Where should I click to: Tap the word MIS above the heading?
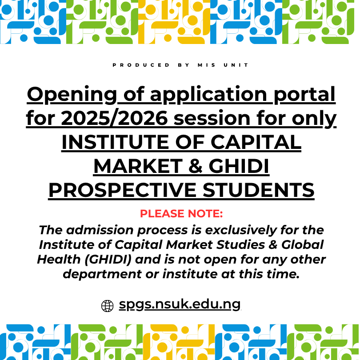coord(207,65)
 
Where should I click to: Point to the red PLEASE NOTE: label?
coord(181,214)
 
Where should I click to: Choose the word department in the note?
coord(104,274)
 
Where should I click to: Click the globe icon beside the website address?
coord(108,306)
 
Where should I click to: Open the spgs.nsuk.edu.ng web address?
coord(180,305)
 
